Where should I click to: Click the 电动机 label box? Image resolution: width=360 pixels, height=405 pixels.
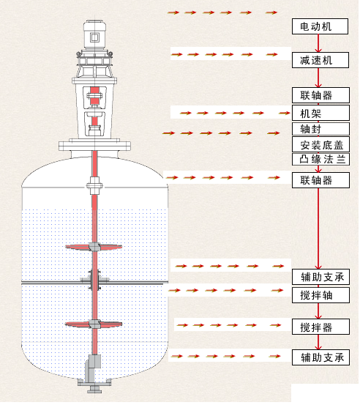point(320,26)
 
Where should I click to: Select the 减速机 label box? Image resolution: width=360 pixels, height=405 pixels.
point(320,60)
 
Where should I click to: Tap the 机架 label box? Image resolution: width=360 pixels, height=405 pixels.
point(320,113)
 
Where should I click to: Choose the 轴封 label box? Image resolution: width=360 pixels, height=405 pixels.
point(320,129)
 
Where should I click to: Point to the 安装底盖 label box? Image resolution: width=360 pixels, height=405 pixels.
point(320,144)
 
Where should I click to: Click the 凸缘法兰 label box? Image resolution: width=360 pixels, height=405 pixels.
point(320,160)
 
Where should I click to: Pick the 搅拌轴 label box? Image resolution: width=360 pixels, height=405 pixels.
point(320,295)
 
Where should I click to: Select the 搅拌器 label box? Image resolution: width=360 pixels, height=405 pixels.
point(320,327)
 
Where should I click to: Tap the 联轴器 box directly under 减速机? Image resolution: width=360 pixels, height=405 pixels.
point(320,95)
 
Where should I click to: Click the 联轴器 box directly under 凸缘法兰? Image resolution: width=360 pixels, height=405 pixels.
point(320,180)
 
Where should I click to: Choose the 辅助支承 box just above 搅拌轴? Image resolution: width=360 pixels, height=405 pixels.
point(320,277)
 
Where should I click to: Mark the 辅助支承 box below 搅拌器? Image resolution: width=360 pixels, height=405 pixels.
point(320,357)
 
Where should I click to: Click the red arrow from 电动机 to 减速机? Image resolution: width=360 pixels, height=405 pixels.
point(318,43)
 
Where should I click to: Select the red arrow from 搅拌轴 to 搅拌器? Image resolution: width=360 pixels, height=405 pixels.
point(318,311)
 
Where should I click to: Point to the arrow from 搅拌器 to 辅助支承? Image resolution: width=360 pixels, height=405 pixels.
point(318,342)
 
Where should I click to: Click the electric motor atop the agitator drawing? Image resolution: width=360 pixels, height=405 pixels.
point(94,35)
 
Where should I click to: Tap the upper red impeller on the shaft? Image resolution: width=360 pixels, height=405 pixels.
point(94,248)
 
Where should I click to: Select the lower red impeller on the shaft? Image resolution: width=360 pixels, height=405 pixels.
point(94,324)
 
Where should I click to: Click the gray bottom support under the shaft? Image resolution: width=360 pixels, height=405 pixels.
point(94,374)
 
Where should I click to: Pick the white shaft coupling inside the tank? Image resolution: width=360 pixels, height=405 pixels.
point(94,185)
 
